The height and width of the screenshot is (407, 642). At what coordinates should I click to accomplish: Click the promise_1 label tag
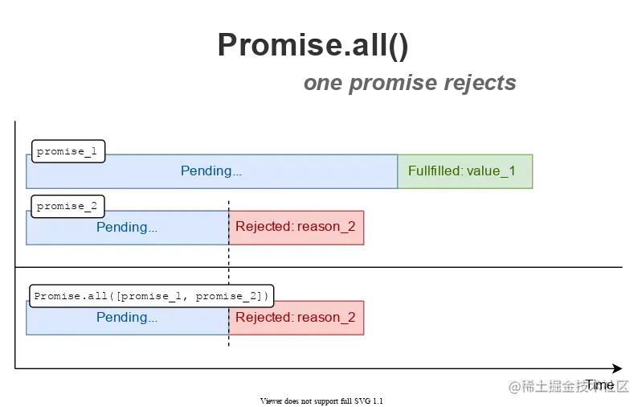click(x=67, y=151)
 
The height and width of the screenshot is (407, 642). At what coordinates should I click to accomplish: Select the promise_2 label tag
click(x=67, y=206)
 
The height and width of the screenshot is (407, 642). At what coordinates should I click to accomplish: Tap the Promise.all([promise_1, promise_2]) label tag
click(x=152, y=296)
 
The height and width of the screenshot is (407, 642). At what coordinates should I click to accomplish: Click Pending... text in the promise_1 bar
click(x=211, y=171)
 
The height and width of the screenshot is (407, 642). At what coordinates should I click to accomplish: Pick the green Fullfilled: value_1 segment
click(x=464, y=171)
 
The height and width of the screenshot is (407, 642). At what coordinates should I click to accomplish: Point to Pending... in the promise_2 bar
click(x=127, y=227)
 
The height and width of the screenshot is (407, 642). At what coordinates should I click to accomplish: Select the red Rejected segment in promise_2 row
click(x=296, y=227)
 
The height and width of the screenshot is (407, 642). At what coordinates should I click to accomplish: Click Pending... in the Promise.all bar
click(x=127, y=317)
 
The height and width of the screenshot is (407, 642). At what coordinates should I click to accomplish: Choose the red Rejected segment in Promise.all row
click(x=296, y=317)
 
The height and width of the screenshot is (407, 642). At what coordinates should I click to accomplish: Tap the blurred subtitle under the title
click(x=411, y=83)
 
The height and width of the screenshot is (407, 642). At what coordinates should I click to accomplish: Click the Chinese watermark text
click(x=567, y=385)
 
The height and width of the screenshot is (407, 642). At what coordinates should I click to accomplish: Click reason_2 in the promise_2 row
click(x=326, y=227)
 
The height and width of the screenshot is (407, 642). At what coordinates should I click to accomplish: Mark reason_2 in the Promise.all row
click(x=326, y=317)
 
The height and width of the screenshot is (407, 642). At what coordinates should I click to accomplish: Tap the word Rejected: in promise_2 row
click(x=264, y=227)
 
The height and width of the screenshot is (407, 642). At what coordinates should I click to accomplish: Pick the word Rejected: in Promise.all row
click(x=264, y=317)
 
